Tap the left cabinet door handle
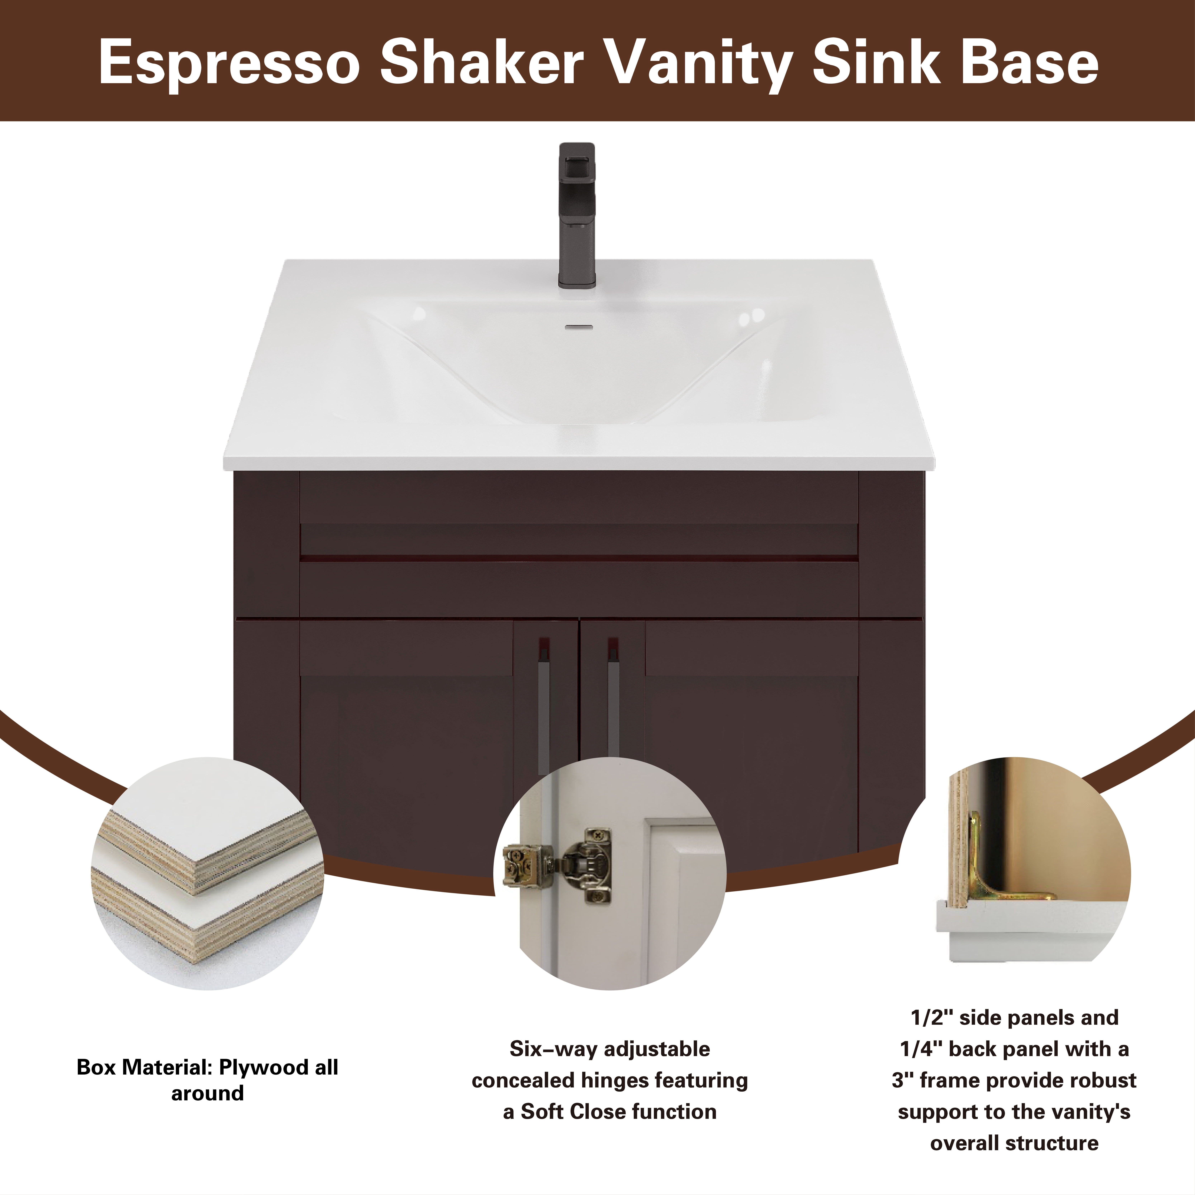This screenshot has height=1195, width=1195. point(543,705)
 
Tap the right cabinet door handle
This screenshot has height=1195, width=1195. point(613,699)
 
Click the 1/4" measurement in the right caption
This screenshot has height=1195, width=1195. point(921,1049)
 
